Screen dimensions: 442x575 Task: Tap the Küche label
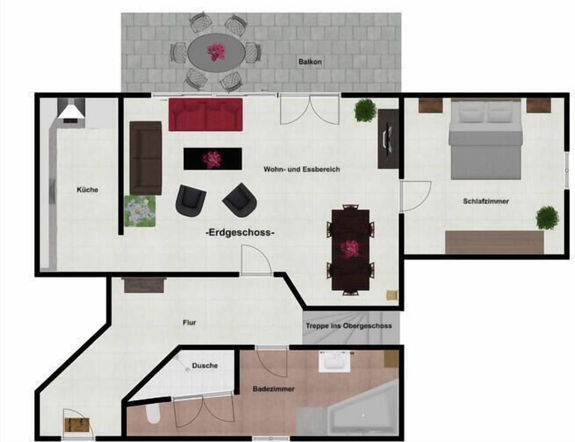click(87, 190)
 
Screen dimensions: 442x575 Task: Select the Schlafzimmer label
click(486, 202)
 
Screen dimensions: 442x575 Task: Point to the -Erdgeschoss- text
click(240, 233)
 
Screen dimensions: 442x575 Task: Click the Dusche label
click(205, 365)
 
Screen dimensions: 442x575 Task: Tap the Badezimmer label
click(273, 389)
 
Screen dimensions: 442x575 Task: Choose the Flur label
click(189, 323)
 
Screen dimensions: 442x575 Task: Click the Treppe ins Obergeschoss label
click(349, 326)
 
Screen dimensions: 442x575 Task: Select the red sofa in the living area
click(205, 115)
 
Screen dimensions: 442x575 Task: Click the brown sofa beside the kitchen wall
click(146, 157)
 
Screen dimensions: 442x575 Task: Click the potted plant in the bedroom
click(547, 218)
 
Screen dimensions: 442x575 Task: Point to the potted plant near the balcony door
click(365, 110)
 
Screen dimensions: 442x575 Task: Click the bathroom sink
click(334, 362)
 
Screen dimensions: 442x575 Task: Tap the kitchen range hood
click(71, 111)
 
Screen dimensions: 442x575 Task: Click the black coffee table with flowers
click(212, 159)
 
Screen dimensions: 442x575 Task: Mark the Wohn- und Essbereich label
click(301, 170)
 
